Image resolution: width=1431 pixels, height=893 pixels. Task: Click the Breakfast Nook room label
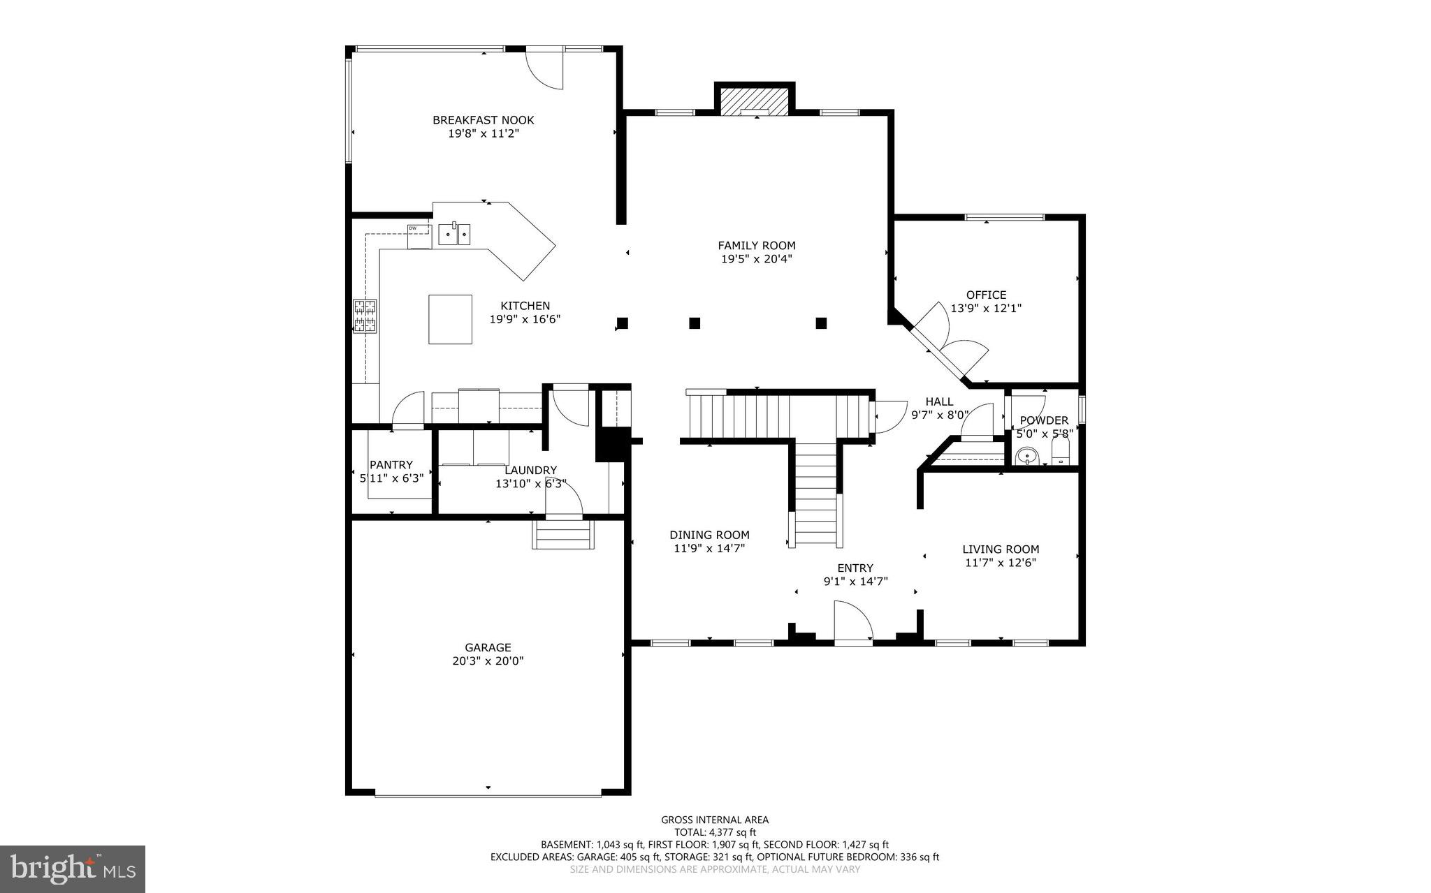coord(483,120)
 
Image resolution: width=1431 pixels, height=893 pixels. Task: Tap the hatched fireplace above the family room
coord(755,99)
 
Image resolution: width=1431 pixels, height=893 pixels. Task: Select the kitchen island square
coord(450,319)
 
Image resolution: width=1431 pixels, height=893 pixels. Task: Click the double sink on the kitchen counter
coord(455,235)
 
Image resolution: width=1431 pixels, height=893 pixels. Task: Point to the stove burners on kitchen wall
coord(364,316)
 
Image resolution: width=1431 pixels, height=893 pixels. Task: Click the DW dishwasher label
coord(412,228)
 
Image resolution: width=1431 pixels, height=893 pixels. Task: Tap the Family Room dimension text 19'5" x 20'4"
coord(756,259)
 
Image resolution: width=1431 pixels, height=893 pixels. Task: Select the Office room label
coord(986,295)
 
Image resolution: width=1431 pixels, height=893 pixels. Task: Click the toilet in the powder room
coord(1060,452)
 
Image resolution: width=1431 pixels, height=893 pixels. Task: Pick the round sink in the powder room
coord(1026,457)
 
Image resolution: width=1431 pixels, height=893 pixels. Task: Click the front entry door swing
coord(854,622)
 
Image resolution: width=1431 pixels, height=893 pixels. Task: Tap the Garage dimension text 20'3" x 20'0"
coord(488,660)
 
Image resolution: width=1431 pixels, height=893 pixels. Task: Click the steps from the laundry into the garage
coord(563,536)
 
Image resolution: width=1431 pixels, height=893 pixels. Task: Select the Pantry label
coord(391,464)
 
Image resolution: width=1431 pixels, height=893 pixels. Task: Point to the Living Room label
coord(1001,549)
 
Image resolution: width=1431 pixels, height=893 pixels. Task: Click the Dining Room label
coord(709,535)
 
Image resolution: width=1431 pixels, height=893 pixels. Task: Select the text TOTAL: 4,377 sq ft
coord(715,832)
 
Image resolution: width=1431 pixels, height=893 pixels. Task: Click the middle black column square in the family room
coord(695,323)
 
